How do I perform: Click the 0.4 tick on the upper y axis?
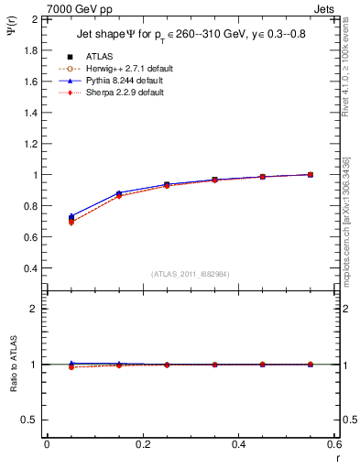[30, 268]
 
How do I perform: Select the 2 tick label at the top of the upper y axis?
[35, 19]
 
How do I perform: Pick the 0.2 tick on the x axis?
[142, 444]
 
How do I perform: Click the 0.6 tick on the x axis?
[334, 444]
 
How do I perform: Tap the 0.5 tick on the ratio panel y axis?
[30, 420]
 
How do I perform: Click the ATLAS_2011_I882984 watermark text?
[190, 273]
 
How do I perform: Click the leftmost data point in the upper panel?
[71, 219]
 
